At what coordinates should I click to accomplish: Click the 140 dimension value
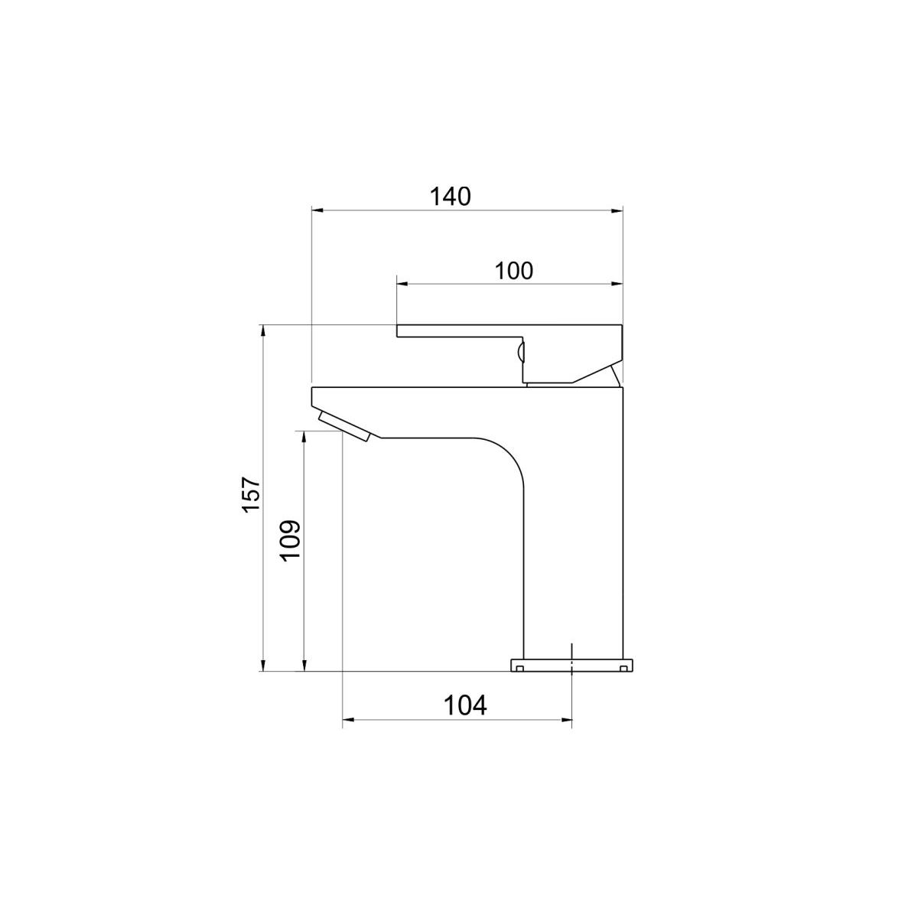(450, 197)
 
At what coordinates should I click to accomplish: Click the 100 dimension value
(513, 271)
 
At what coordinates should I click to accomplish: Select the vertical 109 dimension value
(291, 542)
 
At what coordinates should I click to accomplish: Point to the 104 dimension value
(465, 705)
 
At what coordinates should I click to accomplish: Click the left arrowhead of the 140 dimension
(317, 210)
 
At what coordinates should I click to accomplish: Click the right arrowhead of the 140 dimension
(617, 210)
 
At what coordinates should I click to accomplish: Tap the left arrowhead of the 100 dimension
(403, 285)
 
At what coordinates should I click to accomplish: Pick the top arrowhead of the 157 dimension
(263, 331)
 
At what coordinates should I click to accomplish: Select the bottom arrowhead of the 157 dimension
(263, 665)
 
